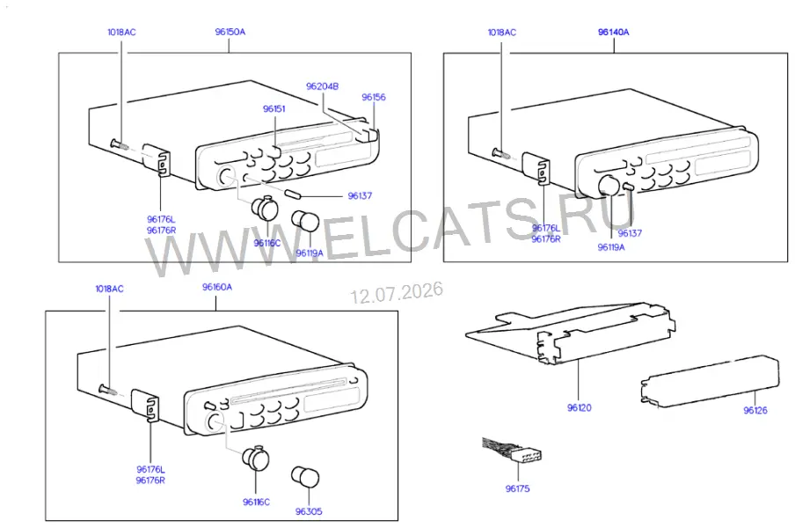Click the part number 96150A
click(x=230, y=32)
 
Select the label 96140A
click(x=614, y=32)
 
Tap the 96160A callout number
click(x=217, y=287)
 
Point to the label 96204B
click(x=322, y=86)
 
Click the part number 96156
click(x=374, y=97)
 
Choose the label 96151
click(x=274, y=108)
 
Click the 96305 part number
click(x=309, y=511)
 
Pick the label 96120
click(x=579, y=407)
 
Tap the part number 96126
click(x=755, y=410)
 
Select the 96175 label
click(x=518, y=488)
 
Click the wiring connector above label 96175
click(x=512, y=450)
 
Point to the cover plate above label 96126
click(x=710, y=381)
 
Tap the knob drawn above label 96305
click(x=305, y=477)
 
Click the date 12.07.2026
click(x=397, y=293)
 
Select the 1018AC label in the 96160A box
click(x=110, y=289)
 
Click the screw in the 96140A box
click(x=501, y=151)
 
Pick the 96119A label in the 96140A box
click(x=611, y=247)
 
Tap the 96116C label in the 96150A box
click(x=267, y=244)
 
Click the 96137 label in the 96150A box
click(x=360, y=195)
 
